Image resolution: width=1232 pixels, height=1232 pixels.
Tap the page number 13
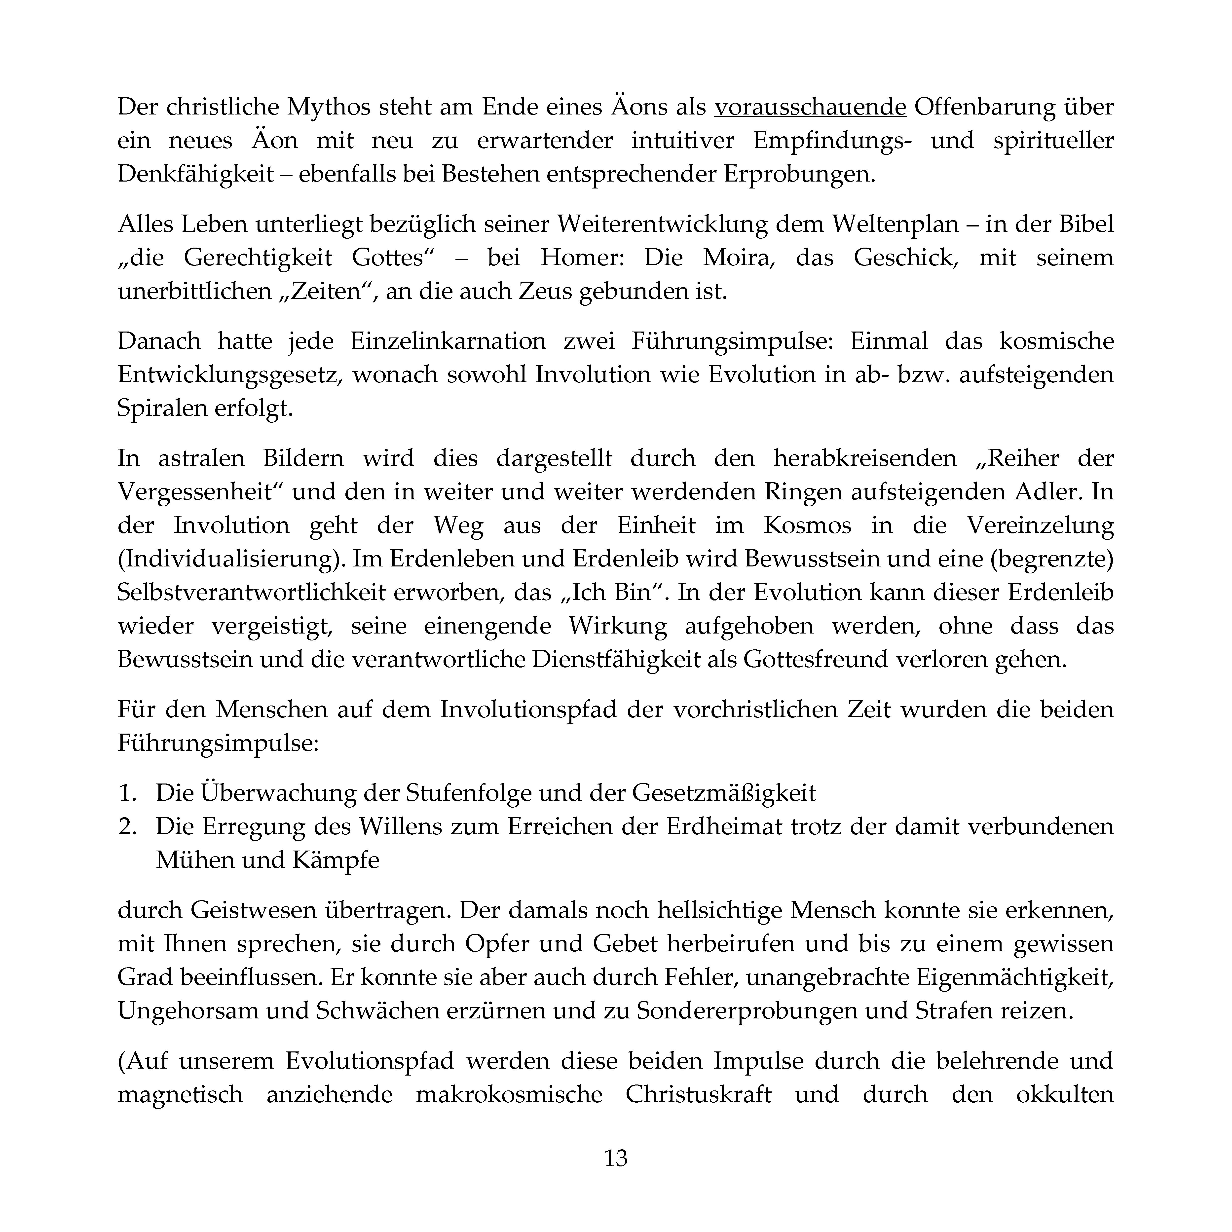615,1158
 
